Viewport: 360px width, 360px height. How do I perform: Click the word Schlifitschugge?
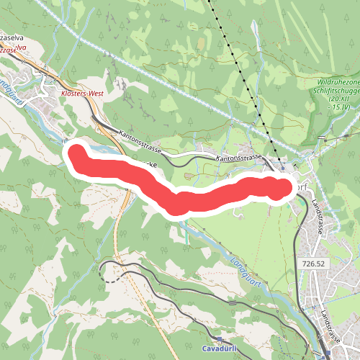click(x=336, y=91)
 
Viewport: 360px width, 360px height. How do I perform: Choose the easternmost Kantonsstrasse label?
click(x=238, y=157)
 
